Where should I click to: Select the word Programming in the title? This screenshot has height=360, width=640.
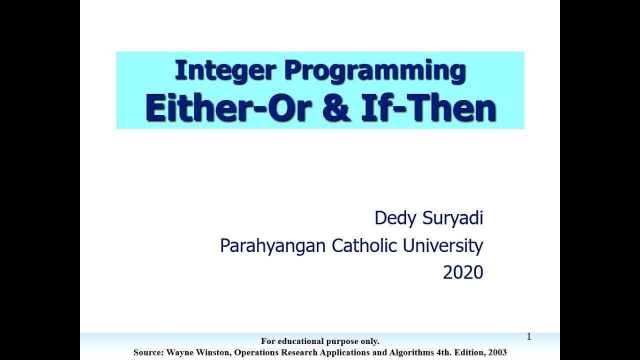375,71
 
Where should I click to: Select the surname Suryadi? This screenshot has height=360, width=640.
453,218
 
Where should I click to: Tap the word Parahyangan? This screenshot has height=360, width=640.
272,245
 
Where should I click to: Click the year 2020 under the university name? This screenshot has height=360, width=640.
463,272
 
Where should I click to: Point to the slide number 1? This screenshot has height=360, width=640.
528,337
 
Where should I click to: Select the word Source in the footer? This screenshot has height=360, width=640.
148,352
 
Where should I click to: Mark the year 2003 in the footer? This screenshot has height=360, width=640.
497,352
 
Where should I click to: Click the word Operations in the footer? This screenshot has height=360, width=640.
257,352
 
